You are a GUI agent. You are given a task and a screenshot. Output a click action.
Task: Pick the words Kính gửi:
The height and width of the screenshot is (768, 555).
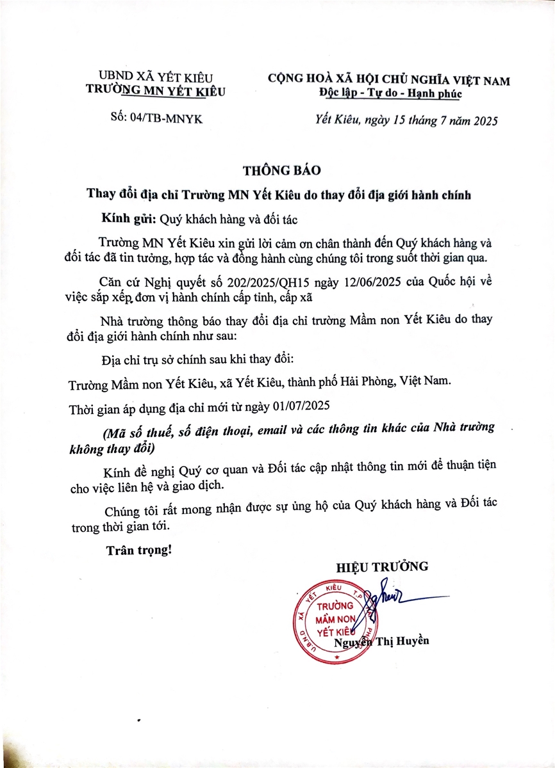click(x=128, y=218)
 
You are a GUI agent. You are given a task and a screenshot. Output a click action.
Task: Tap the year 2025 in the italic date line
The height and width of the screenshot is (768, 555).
click(x=483, y=120)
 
